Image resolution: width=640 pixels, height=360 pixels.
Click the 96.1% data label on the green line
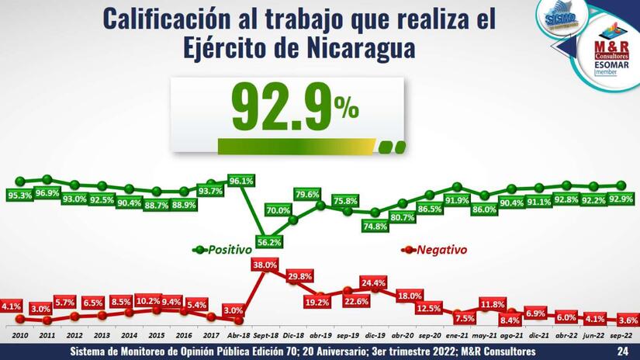pos(241,182)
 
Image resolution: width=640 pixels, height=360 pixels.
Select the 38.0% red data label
pos(265,265)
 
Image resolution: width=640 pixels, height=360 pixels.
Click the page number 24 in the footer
pos(622,352)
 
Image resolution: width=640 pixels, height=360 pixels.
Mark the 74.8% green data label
pos(375,227)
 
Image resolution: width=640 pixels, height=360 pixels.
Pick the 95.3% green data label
pos(19,196)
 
